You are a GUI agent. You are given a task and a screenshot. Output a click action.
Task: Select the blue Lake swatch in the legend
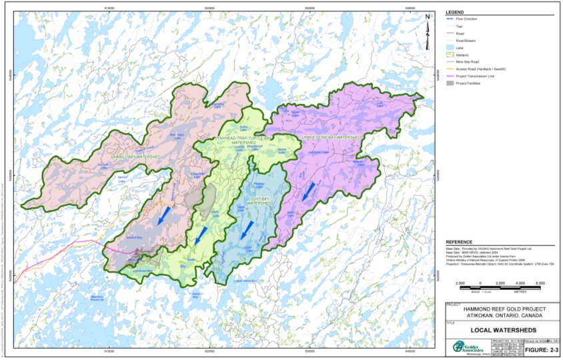pyautogui.click(x=452, y=47)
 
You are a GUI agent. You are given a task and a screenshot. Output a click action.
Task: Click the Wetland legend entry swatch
pyautogui.click(x=452, y=54)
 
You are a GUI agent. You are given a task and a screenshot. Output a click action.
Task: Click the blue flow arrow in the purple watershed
pyautogui.click(x=308, y=192)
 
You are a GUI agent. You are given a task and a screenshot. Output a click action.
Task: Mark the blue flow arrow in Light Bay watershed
pyautogui.click(x=247, y=229)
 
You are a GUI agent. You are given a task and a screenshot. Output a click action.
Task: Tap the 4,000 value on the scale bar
pyautogui.click(x=516, y=283)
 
